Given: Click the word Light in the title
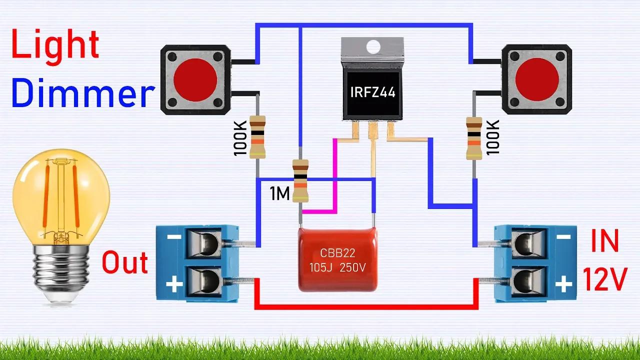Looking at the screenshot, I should (x=55, y=44).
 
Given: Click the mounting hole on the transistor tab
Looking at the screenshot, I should (x=372, y=47).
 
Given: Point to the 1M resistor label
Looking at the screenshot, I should (x=280, y=194).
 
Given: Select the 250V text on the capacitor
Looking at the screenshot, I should (x=353, y=268).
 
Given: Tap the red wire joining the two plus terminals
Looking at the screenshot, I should (x=365, y=306).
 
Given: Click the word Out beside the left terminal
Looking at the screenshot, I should (x=125, y=263).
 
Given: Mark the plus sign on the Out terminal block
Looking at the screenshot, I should (x=174, y=285).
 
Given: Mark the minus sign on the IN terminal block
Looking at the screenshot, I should (x=563, y=236).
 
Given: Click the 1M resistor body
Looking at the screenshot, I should (x=300, y=180).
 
